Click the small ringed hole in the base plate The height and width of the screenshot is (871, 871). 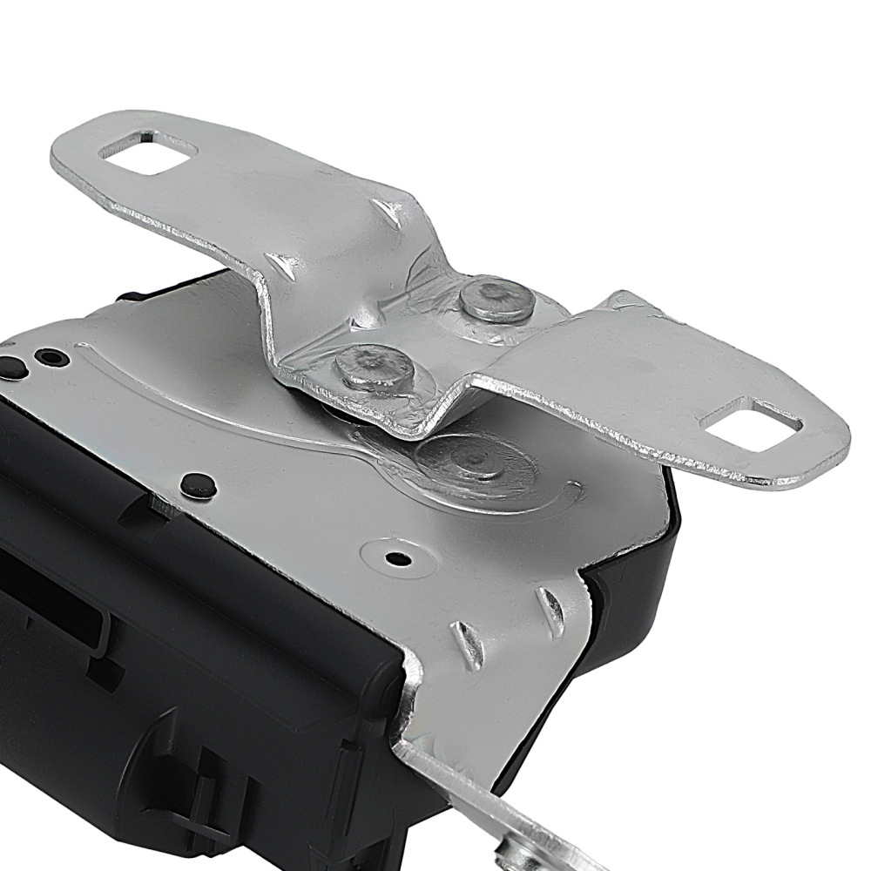(x=397, y=557)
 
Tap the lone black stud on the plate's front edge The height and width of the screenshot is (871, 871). (x=199, y=482)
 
